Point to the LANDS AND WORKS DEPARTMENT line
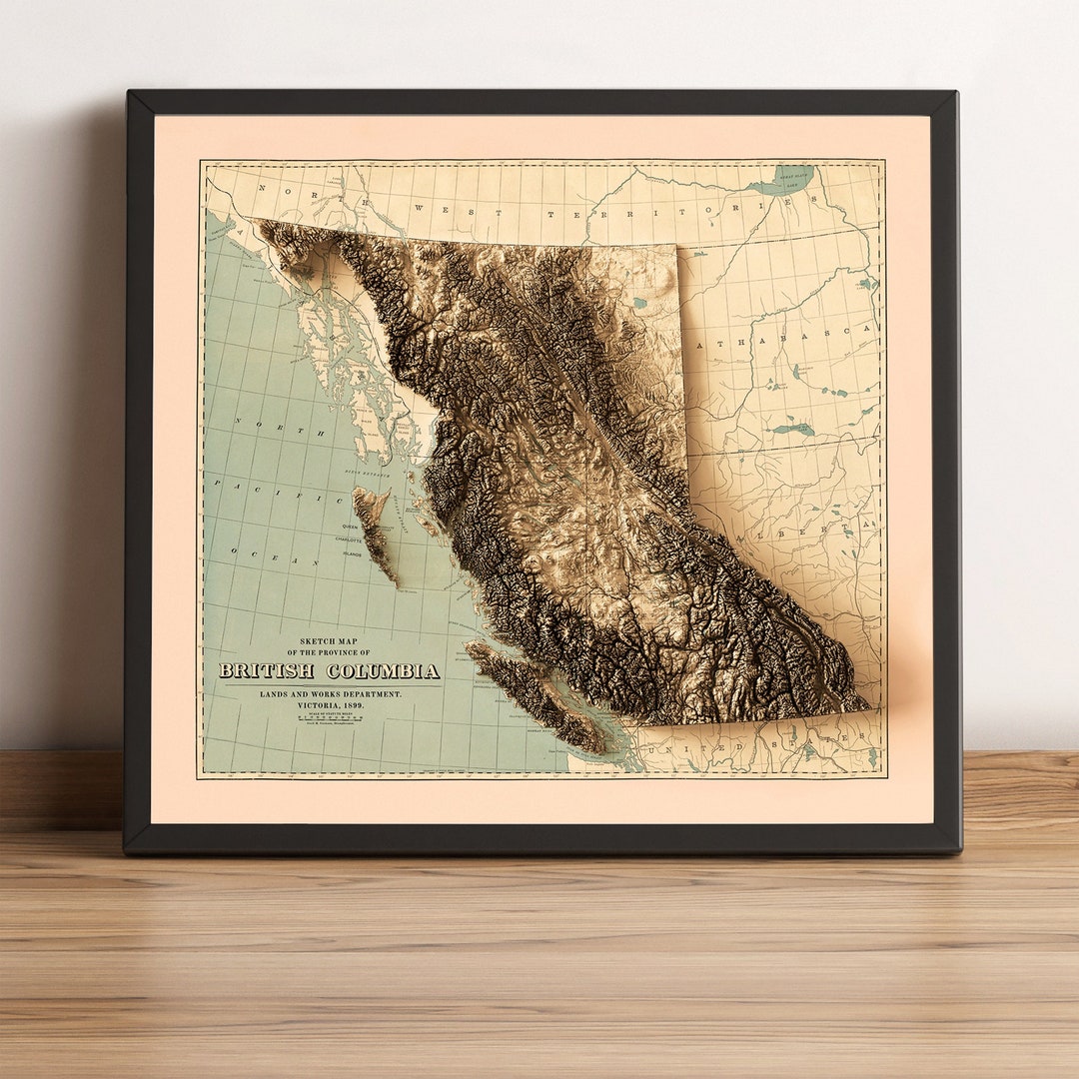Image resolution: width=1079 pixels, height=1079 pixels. (330, 693)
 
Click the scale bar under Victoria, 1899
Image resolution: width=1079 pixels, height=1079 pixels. (329, 717)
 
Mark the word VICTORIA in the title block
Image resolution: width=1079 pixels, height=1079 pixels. (310, 705)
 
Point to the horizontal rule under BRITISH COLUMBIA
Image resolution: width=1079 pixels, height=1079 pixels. (329, 684)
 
